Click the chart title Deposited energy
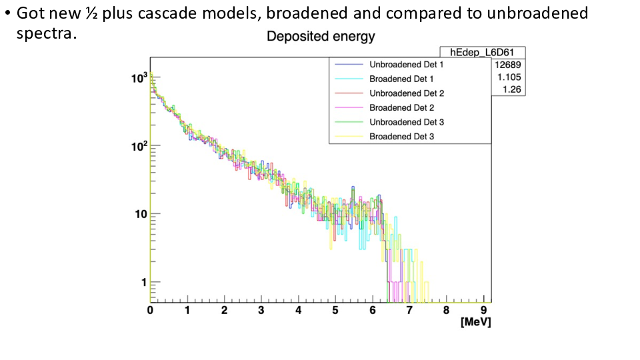[x=321, y=37]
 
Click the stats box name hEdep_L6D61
[x=481, y=53]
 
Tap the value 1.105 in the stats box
[x=509, y=77]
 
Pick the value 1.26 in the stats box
[x=511, y=89]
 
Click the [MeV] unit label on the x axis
[x=475, y=323]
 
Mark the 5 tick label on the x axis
[x=335, y=311]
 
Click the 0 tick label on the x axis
[x=151, y=311]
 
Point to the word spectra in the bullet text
[x=46, y=33]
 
